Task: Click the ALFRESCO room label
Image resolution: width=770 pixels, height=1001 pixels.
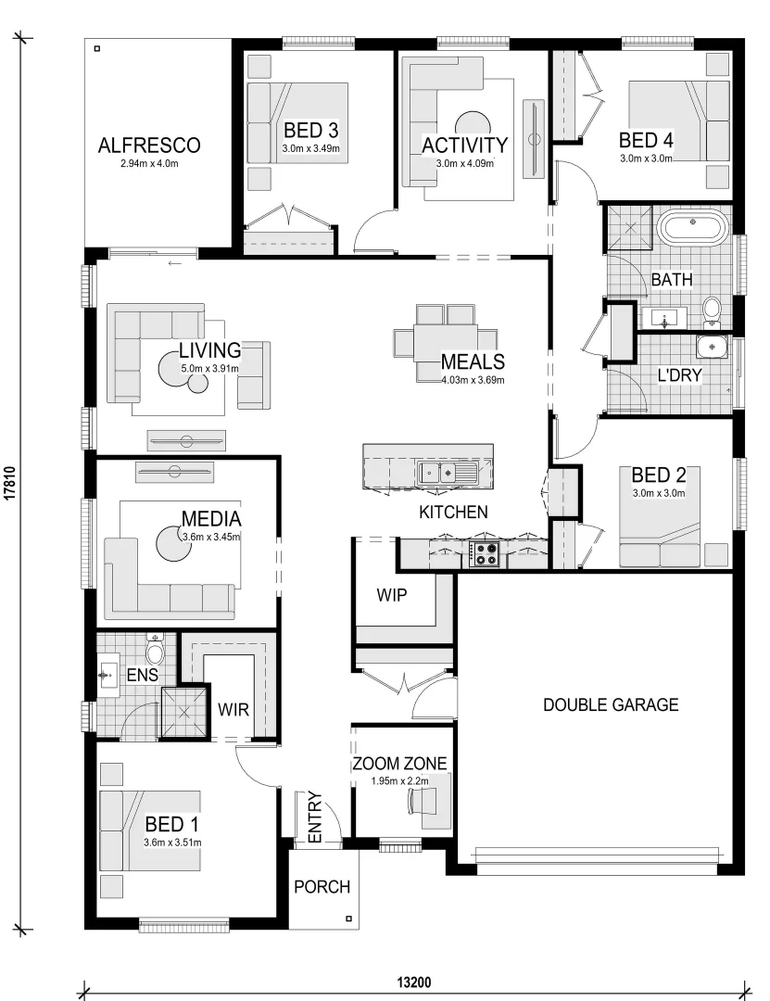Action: (x=149, y=145)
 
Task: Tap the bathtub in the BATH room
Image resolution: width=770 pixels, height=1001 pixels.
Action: (x=693, y=227)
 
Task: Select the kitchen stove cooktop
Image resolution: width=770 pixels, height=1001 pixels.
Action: (x=486, y=554)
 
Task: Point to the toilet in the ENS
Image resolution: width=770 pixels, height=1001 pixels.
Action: (x=155, y=653)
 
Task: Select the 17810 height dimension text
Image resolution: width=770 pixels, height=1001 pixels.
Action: (x=9, y=482)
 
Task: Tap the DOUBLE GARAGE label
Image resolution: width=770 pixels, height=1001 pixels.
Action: (x=610, y=705)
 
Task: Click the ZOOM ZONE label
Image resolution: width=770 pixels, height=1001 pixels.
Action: (x=399, y=765)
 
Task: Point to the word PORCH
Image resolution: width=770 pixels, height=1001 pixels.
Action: (x=322, y=887)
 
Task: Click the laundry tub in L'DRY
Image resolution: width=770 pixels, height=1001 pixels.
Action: (x=712, y=347)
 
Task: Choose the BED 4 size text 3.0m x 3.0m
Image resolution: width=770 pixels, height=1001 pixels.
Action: (x=646, y=158)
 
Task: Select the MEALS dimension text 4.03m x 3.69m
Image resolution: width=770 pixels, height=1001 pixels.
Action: (x=473, y=378)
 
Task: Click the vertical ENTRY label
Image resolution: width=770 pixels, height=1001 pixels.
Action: (x=314, y=817)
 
